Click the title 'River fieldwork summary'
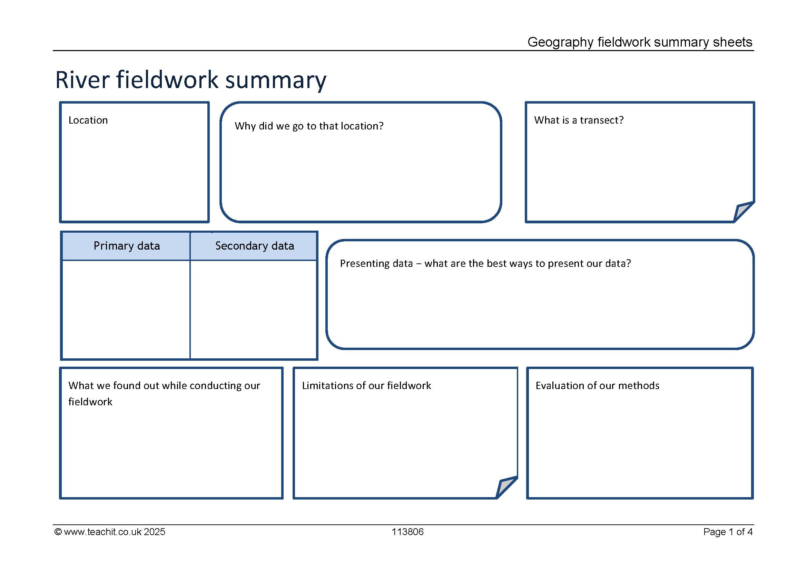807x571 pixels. (191, 80)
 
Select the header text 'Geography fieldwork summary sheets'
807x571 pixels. (640, 42)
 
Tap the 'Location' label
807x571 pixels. (88, 120)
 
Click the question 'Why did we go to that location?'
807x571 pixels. (309, 126)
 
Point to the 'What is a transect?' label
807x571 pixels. (579, 120)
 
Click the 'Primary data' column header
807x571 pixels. (127, 246)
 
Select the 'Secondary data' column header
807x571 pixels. (255, 246)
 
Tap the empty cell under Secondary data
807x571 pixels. (254, 309)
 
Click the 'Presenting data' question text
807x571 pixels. (485, 263)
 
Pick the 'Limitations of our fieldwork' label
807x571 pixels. (366, 386)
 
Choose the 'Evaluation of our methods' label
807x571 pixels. (597, 386)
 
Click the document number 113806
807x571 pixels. (408, 532)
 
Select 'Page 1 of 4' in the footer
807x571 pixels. (728, 532)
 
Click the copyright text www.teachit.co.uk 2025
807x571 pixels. (110, 532)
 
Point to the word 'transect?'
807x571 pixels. (602, 120)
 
